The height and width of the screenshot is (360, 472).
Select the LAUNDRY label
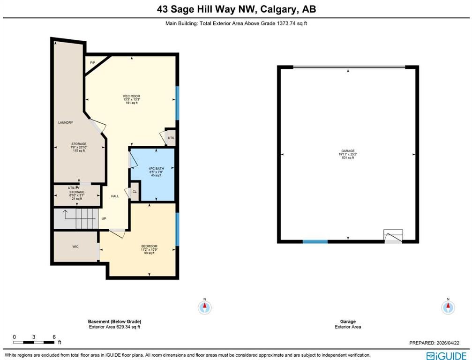tap(65, 122)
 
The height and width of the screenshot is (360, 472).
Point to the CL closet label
tap(134, 192)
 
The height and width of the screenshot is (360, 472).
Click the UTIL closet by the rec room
tap(171, 138)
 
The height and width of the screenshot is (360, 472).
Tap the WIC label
tap(75, 246)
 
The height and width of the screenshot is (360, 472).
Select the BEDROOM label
tap(149, 246)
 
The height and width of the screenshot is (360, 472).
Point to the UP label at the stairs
tap(104, 218)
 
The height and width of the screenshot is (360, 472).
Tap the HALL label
tap(114, 196)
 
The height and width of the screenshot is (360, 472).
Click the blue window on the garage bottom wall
tap(315, 241)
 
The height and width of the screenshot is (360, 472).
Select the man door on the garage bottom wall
tap(393, 237)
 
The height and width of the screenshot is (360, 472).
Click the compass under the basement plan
tap(205, 307)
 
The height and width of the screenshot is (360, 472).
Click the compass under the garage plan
tap(448, 307)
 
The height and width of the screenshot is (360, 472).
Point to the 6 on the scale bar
tap(54, 337)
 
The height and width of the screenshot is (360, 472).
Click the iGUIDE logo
tap(446, 355)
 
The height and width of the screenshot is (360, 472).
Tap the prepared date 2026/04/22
tap(455, 343)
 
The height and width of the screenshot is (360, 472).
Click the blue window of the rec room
tap(177, 102)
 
